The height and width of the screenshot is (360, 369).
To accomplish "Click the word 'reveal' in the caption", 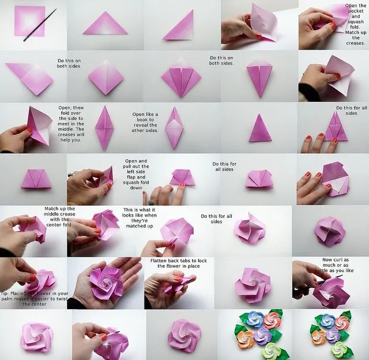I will point(142,125).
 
